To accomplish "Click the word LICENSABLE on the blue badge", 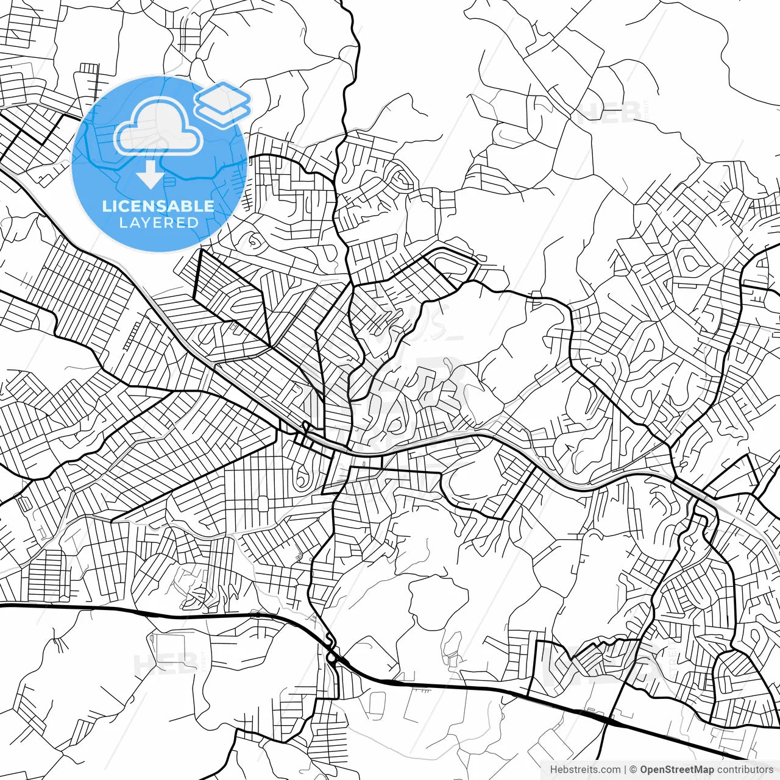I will coord(158,206).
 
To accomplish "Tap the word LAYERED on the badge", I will coord(158,222).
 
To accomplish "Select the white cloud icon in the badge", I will coord(158,127).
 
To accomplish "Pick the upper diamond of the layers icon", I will coord(222,96).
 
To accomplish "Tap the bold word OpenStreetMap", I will coord(677,769).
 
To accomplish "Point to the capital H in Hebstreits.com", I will coord(554,769).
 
